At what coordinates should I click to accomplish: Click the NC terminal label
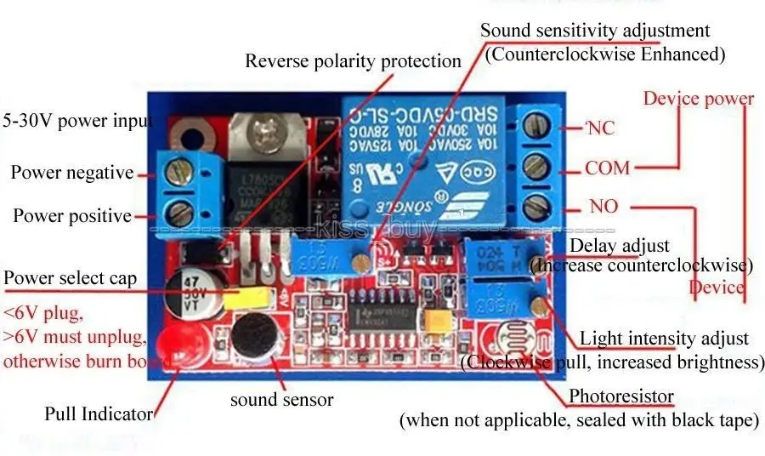[601, 128]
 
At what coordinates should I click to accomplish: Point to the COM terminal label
[608, 168]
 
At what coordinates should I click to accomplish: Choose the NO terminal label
[603, 207]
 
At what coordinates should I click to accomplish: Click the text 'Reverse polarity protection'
[353, 61]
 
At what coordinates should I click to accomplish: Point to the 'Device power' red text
[698, 98]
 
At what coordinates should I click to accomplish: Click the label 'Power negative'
[72, 173]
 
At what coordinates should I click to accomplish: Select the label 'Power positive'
[72, 215]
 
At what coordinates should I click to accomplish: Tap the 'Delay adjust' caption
[619, 246]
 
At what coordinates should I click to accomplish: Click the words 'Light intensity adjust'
[664, 339]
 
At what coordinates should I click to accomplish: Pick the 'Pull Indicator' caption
[99, 414]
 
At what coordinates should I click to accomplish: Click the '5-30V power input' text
[77, 120]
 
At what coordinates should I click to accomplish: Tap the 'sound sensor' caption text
[281, 399]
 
